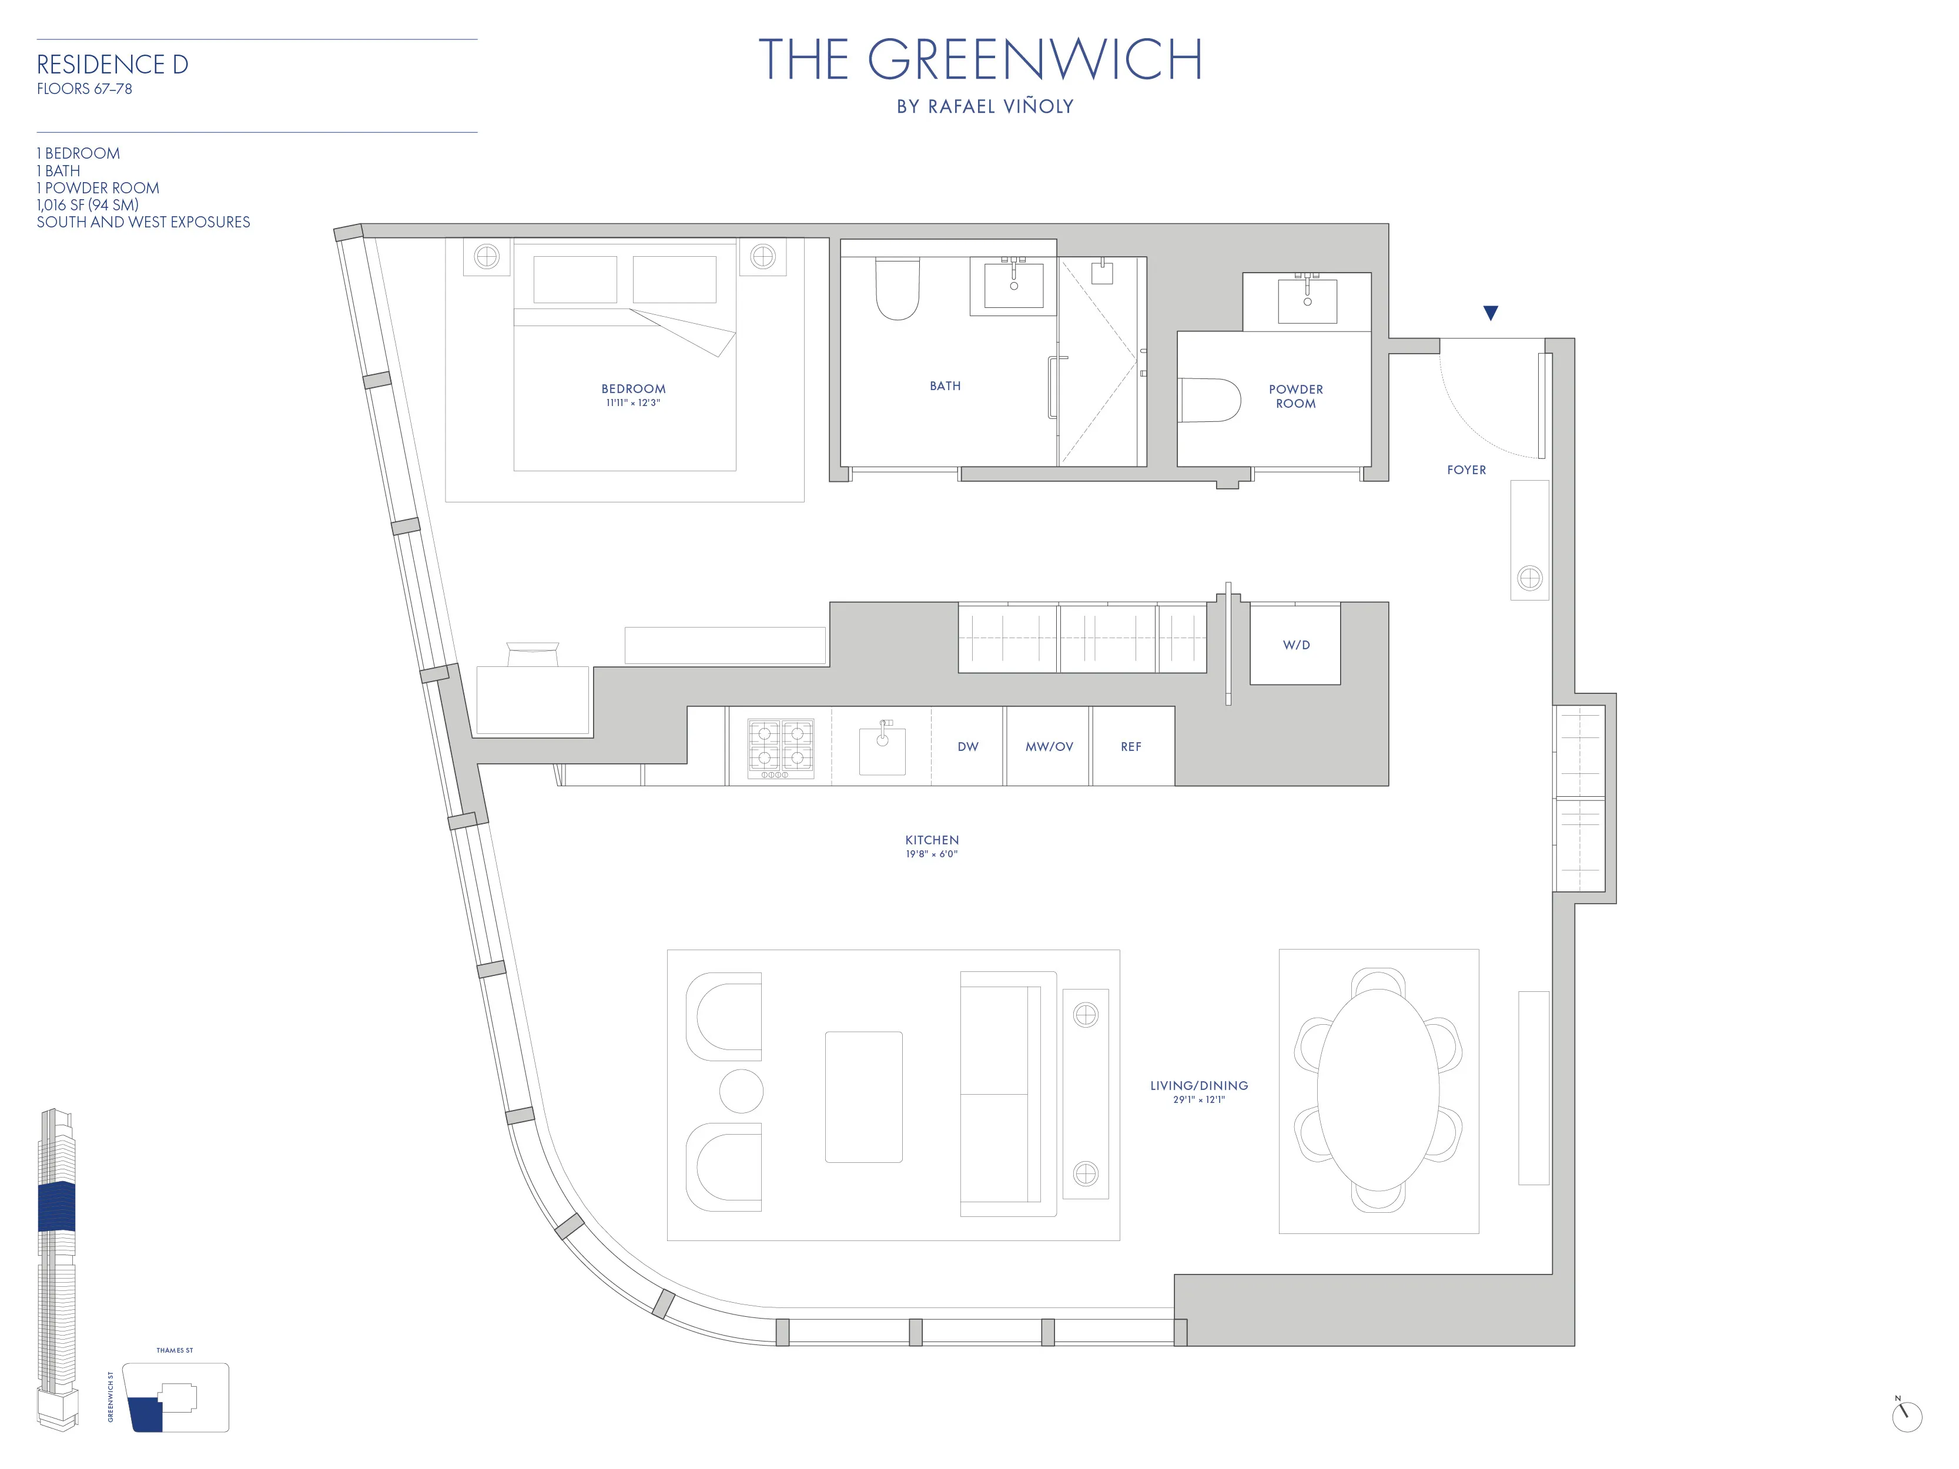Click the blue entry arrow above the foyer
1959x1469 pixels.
1491,313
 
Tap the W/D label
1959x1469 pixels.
1295,645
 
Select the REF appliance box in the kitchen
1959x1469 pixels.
1132,746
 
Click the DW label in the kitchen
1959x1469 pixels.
968,746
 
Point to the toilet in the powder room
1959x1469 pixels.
1211,400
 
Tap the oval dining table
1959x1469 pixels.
1378,1090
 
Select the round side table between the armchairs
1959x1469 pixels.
741,1091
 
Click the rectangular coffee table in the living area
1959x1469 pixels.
863,1096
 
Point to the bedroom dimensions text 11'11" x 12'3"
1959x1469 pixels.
633,403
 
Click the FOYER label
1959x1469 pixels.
1466,470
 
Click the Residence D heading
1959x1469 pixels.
112,65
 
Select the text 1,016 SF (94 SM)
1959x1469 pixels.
88,204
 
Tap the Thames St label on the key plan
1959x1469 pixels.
175,1350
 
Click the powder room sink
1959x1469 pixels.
1307,301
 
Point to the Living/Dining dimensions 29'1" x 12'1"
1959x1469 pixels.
1199,1100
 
